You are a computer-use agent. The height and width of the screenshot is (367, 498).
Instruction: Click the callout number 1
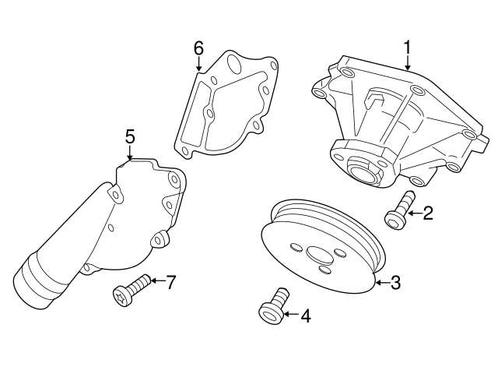click(406, 48)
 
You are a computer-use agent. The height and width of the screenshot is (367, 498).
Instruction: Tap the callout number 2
click(427, 212)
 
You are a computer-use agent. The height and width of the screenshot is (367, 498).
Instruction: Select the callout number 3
click(395, 283)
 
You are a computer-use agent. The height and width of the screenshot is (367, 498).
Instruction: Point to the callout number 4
click(304, 316)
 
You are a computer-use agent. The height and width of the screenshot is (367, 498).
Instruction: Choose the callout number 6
click(198, 48)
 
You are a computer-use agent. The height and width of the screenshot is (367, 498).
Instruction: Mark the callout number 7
click(172, 281)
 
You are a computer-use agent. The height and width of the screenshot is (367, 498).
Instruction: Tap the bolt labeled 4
click(273, 308)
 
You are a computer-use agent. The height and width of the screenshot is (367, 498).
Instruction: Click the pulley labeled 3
click(323, 249)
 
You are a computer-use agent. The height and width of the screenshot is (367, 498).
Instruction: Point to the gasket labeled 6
click(226, 105)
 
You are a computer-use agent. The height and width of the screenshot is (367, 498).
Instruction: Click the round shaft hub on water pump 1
click(361, 167)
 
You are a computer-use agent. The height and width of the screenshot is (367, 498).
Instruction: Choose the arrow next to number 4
click(291, 316)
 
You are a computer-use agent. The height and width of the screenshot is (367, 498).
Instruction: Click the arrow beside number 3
click(381, 283)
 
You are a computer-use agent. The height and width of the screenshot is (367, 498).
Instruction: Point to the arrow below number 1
click(406, 63)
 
